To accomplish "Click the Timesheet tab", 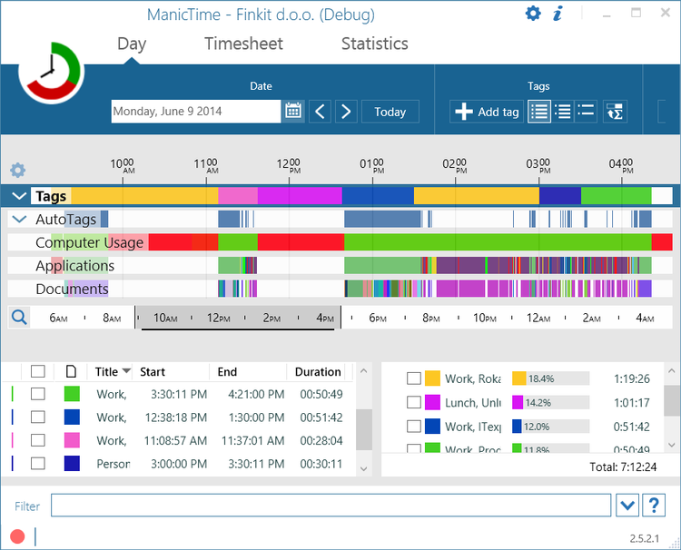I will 243,44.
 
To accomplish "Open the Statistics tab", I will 374,44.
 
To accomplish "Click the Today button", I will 390,112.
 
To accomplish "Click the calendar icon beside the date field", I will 293,112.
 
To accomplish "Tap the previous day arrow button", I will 320,112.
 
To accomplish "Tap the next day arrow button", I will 345,112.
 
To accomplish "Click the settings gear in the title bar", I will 533,14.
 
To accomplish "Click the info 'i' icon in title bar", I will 558,14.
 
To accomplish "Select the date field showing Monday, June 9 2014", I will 195,112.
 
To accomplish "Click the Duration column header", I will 318,372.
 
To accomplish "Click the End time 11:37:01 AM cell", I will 251,440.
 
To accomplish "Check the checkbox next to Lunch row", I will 414,402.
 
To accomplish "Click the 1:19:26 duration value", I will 632,378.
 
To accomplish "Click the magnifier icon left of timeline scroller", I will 18,317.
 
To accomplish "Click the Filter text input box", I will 331,506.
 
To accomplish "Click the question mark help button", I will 653,506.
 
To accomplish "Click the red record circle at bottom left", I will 17,536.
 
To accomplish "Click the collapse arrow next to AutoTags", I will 19,220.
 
